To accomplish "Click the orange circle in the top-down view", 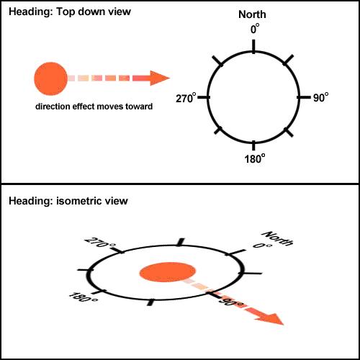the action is pyautogui.click(x=50, y=78).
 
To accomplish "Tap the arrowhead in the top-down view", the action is pyautogui.click(x=160, y=78).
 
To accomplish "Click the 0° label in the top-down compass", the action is pyautogui.click(x=255, y=29).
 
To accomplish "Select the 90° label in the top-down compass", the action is pyautogui.click(x=321, y=98).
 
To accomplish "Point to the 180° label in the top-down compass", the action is pyautogui.click(x=255, y=158).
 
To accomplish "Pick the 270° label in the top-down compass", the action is pyautogui.click(x=186, y=99).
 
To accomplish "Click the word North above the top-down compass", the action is pyautogui.click(x=252, y=14).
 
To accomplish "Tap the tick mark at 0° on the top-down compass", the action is pyautogui.click(x=253, y=45).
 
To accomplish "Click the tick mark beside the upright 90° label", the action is pyautogui.click(x=304, y=97).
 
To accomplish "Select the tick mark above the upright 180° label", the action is pyautogui.click(x=253, y=145).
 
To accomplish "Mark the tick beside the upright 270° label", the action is pyautogui.click(x=204, y=97).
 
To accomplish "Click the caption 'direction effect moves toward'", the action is pyautogui.click(x=94, y=107).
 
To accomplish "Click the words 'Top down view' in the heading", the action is pyautogui.click(x=94, y=12).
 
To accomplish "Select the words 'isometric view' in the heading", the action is pyautogui.click(x=92, y=201).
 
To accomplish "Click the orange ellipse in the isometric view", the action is pyautogui.click(x=168, y=272).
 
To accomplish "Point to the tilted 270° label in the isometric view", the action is pyautogui.click(x=100, y=243).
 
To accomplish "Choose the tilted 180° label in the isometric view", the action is pyautogui.click(x=84, y=297).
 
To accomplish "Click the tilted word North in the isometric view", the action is pyautogui.click(x=277, y=238).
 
